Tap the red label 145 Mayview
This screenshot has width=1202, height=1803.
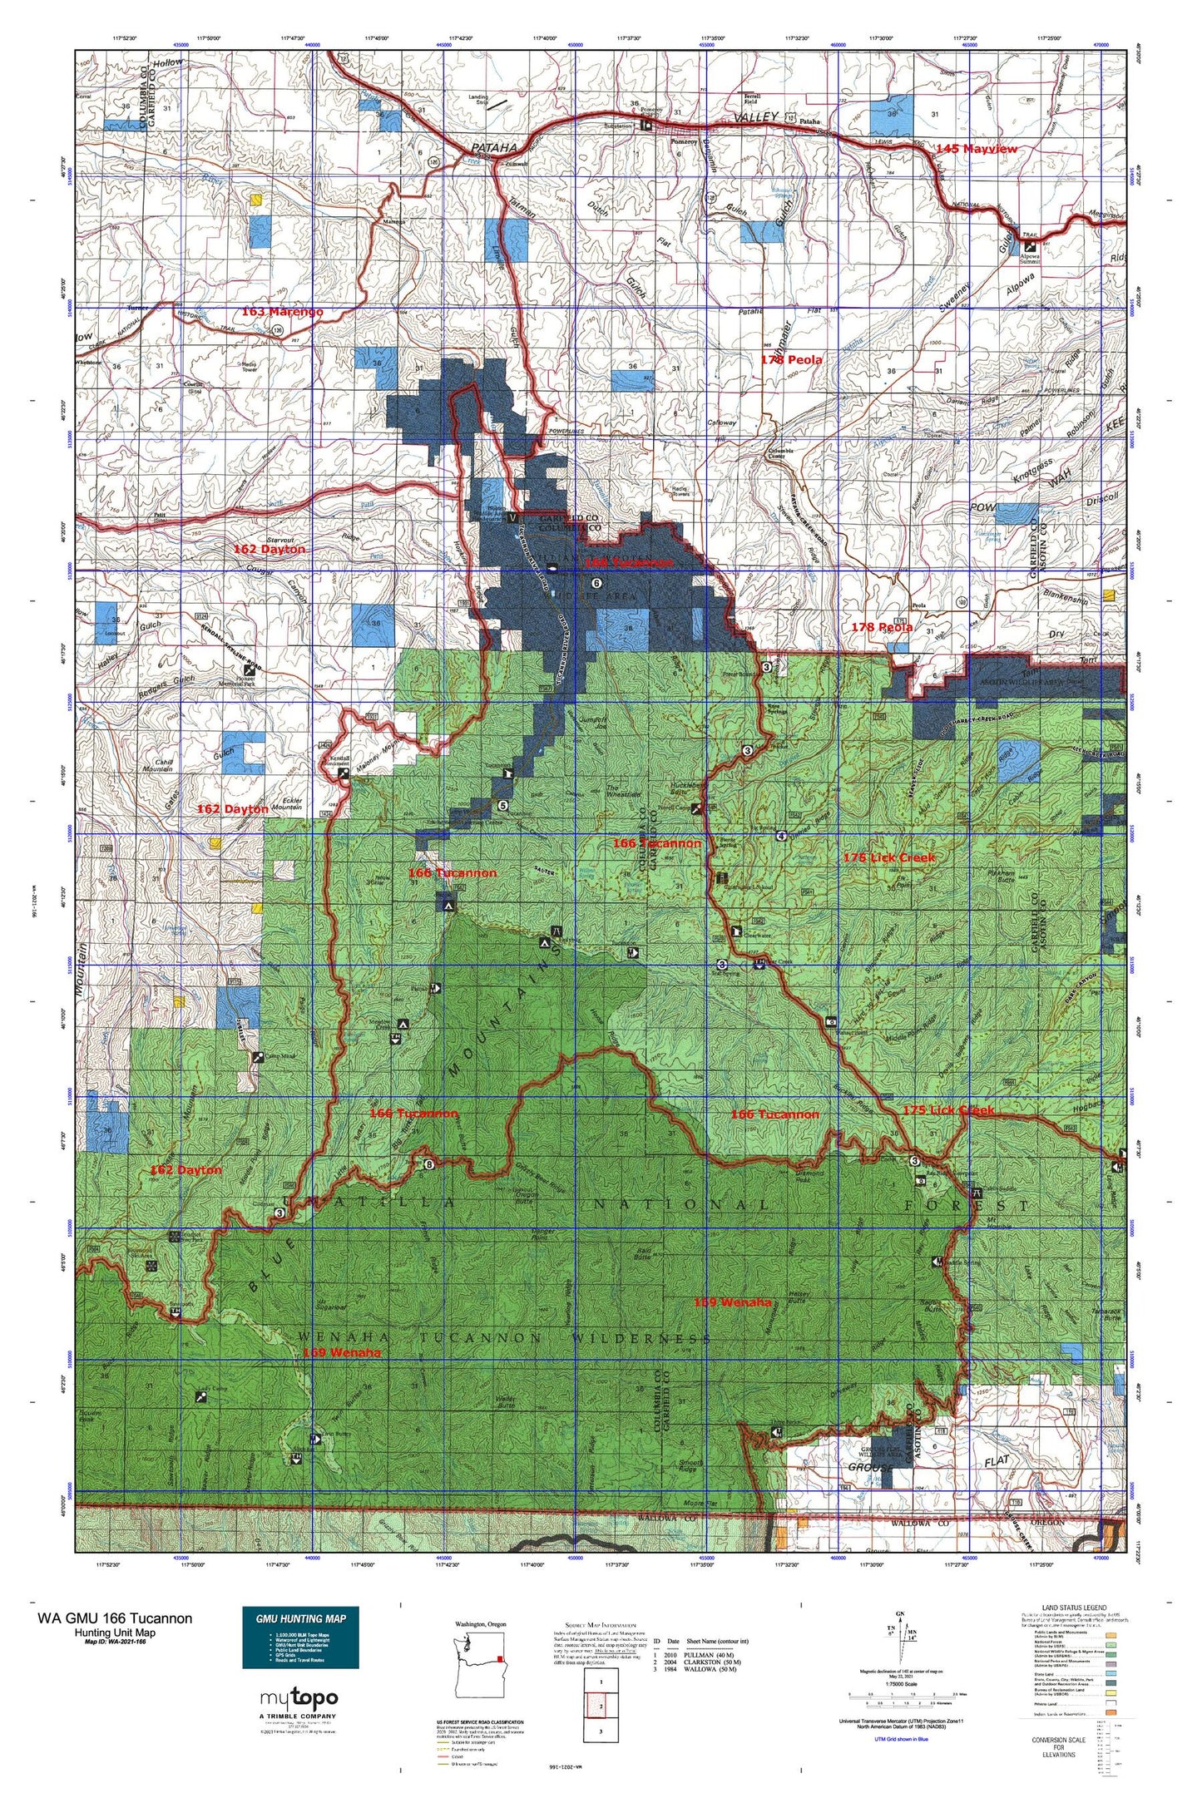coord(976,149)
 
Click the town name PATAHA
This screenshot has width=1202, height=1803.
coord(494,147)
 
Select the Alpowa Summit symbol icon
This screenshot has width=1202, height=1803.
coord(1031,247)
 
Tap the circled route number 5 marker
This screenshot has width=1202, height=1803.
coord(502,805)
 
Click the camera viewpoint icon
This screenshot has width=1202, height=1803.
coord(831,1021)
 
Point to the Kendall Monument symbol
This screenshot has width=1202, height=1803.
coord(344,773)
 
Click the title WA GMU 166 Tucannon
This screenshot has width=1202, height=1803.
coord(115,1618)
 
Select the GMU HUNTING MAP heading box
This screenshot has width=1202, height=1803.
coord(300,1618)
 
